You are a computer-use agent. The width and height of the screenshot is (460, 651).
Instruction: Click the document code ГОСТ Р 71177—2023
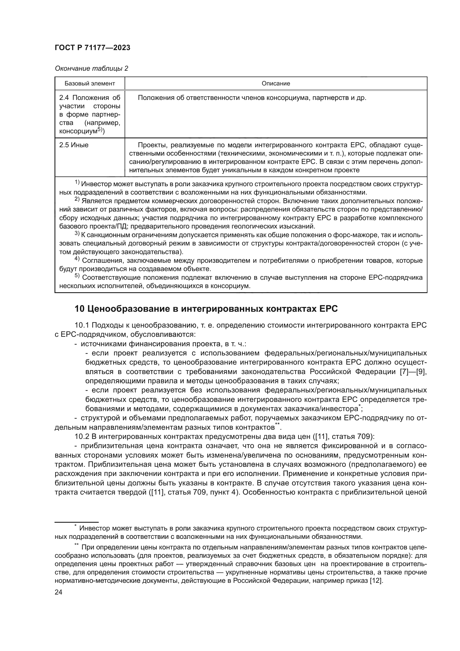[92, 48]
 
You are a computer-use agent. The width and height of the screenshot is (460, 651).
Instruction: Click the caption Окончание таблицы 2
[91, 68]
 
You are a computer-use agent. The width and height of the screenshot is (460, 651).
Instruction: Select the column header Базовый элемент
[90, 83]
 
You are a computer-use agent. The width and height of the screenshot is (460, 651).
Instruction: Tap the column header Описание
[276, 83]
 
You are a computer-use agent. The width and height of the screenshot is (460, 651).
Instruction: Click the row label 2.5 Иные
[74, 145]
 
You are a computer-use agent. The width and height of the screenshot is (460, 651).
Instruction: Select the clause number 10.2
[82, 436]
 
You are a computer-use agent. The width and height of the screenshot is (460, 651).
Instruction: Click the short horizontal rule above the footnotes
[76, 522]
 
